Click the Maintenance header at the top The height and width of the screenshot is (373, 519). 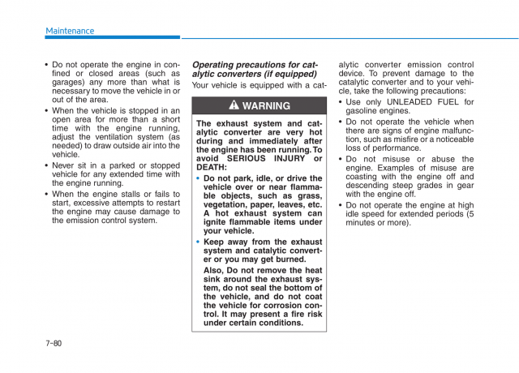70,31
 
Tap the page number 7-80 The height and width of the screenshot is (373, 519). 54,344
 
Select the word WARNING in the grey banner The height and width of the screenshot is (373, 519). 266,106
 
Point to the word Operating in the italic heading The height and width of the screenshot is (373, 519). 215,65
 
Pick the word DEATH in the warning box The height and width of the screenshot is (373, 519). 212,167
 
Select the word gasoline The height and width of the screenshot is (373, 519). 365,111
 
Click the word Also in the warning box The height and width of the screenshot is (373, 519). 215,270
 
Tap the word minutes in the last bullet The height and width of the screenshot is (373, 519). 364,223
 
